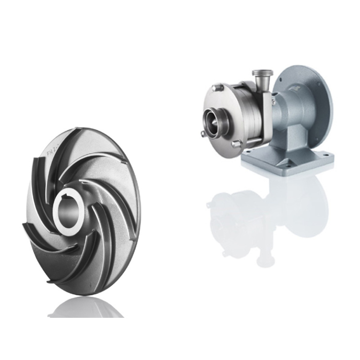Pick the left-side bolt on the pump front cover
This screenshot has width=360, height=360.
tap(203, 134)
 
